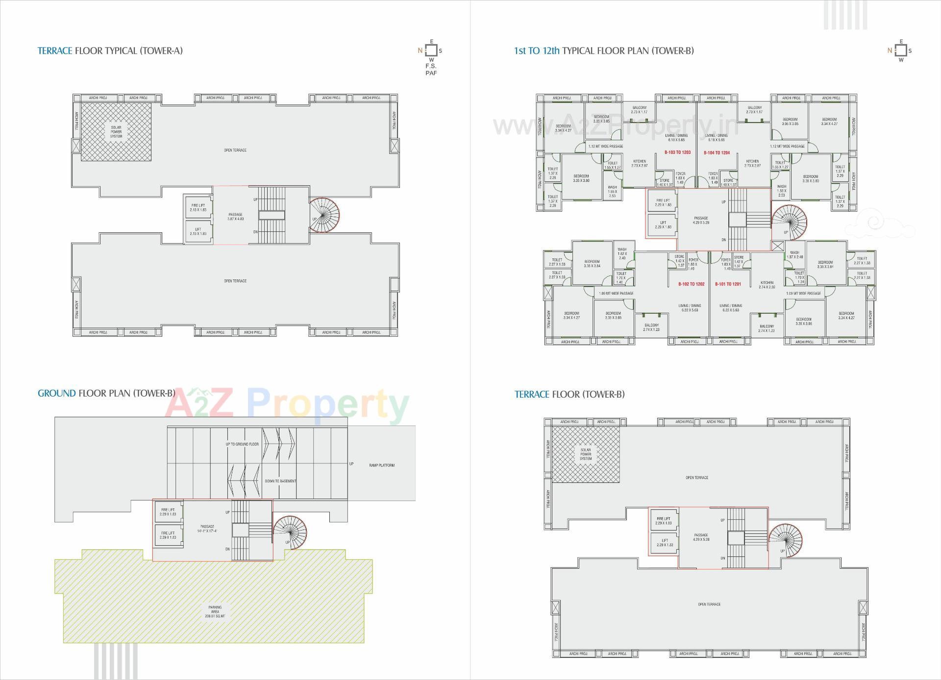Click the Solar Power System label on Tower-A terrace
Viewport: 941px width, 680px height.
[116, 131]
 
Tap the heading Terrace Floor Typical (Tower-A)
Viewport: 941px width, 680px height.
[110, 50]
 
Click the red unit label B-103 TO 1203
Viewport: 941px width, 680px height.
[677, 152]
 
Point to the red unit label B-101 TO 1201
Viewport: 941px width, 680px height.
[728, 284]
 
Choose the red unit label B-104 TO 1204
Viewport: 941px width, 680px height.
[717, 152]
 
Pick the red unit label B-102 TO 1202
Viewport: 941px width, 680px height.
[691, 284]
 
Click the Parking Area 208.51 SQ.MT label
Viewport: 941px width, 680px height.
[215, 611]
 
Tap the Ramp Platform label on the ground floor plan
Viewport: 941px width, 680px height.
[382, 465]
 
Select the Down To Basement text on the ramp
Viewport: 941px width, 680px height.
[280, 481]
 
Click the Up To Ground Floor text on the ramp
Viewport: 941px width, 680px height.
[242, 444]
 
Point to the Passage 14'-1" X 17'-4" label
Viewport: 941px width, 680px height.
[207, 529]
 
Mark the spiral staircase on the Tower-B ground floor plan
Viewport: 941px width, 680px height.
[290, 532]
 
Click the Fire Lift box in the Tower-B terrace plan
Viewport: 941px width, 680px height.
[664, 521]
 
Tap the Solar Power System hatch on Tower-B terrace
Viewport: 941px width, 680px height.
[586, 454]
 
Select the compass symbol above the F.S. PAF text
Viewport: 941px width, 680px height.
[431, 50]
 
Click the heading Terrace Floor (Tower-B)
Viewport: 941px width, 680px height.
[570, 394]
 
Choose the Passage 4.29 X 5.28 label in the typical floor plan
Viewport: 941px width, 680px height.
[701, 220]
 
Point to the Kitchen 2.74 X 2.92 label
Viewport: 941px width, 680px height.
[767, 285]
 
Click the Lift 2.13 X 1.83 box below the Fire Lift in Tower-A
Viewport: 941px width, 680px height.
[198, 231]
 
